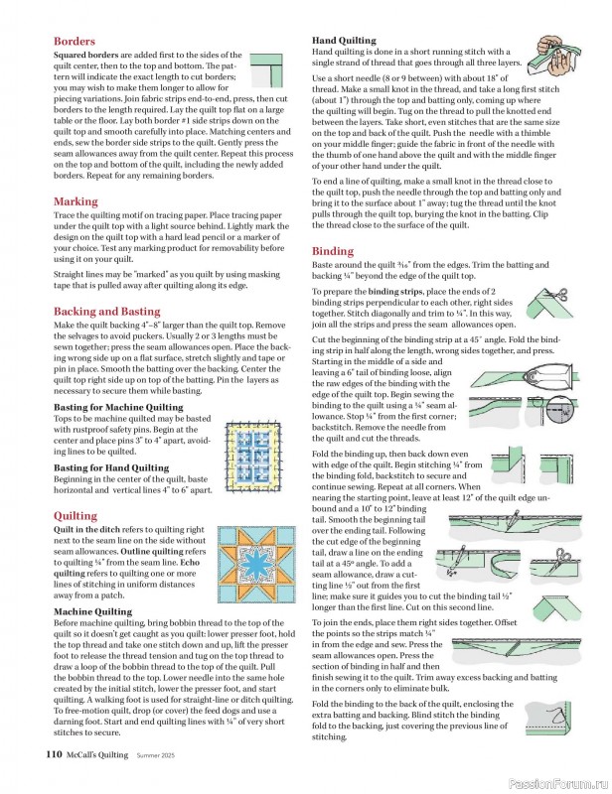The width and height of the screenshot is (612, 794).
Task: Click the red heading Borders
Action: click(x=75, y=43)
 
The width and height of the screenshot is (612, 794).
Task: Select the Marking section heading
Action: click(x=76, y=201)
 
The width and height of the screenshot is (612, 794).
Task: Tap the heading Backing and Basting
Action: click(x=106, y=311)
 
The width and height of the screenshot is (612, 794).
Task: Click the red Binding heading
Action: click(x=333, y=251)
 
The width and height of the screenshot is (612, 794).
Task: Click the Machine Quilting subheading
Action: click(x=92, y=611)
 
